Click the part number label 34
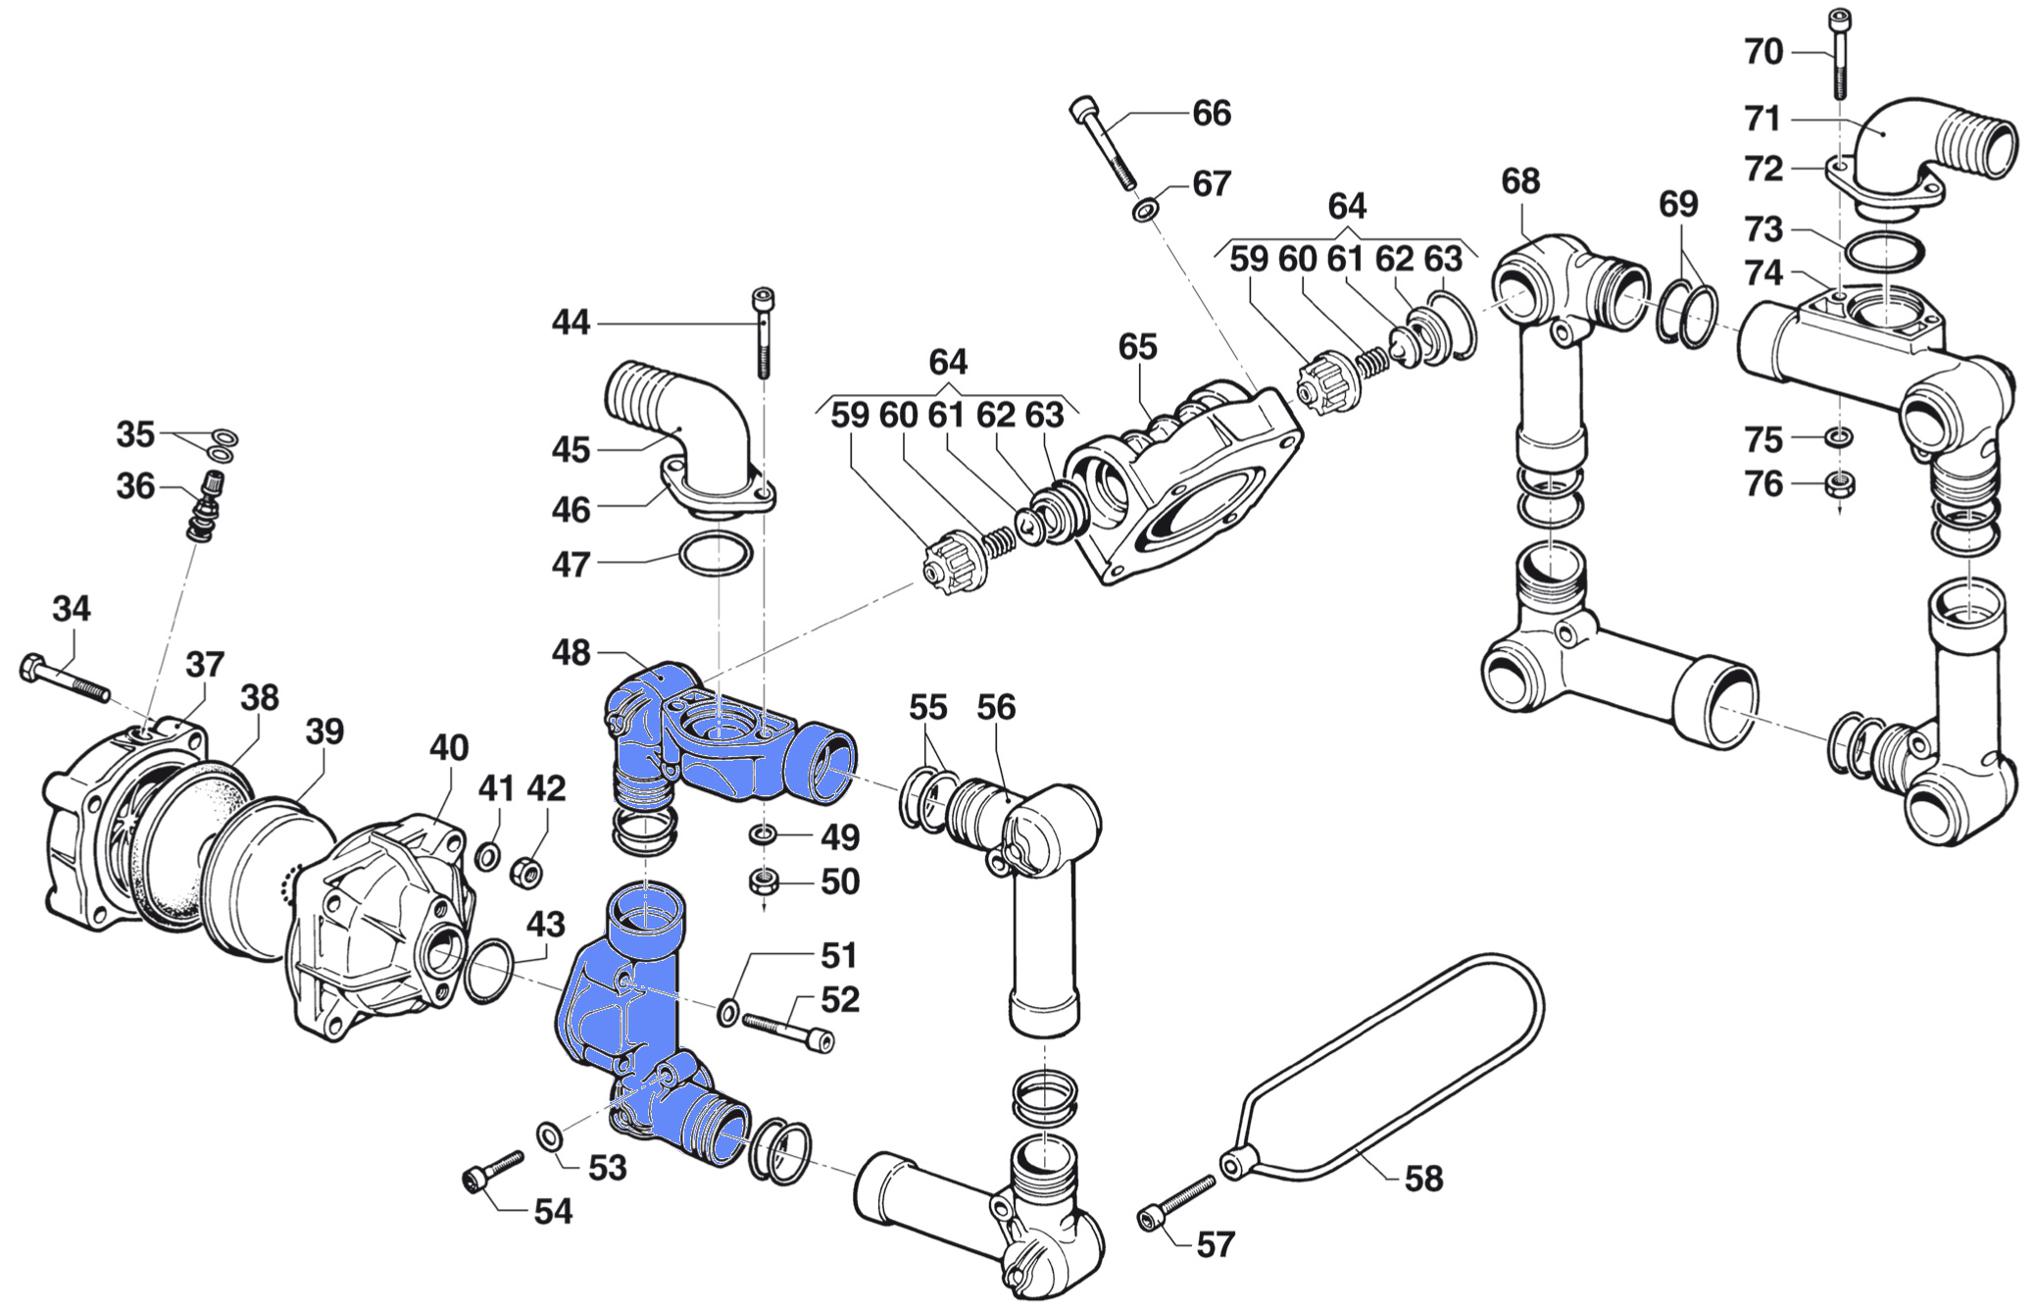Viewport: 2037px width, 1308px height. click(71, 609)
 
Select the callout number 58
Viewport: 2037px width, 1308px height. click(1423, 1178)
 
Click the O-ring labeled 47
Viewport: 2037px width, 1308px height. click(717, 555)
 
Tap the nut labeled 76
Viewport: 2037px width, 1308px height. click(1839, 484)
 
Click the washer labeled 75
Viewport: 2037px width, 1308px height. click(1839, 435)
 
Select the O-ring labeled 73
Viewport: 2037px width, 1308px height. click(1883, 253)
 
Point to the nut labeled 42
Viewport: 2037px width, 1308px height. click(528, 871)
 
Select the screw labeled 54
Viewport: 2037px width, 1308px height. click(492, 1171)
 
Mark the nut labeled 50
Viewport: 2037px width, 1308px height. click(763, 881)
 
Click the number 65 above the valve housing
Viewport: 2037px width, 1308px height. click(1137, 346)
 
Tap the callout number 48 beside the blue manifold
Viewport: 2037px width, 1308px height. click(571, 652)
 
